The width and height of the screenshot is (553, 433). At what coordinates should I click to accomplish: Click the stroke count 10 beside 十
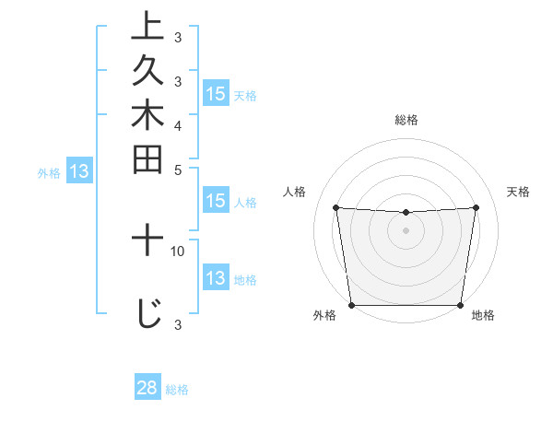[x=178, y=251]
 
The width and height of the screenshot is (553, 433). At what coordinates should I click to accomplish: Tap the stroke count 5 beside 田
[x=178, y=169]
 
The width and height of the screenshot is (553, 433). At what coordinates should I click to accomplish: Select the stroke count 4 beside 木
[x=178, y=124]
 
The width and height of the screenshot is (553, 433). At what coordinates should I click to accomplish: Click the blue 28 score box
[x=147, y=388]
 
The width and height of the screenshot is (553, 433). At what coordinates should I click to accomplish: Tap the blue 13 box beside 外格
[x=79, y=171]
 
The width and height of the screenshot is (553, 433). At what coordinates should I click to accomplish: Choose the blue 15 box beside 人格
[x=216, y=202]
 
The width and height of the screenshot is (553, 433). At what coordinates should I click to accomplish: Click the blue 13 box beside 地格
[x=216, y=279]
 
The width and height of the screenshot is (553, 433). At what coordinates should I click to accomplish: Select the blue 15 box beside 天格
[x=216, y=94]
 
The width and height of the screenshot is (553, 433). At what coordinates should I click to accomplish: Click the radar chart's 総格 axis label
[x=406, y=120]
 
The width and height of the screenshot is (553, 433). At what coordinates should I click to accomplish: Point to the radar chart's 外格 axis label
[x=324, y=316]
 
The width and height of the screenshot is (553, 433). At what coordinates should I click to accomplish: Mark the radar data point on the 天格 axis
[x=477, y=207]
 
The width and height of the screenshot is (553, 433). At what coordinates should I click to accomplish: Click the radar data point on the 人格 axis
[x=335, y=207]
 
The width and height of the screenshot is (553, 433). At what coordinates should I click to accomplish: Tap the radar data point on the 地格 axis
[x=460, y=305]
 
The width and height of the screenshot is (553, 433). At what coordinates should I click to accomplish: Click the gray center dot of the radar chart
[x=406, y=230]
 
